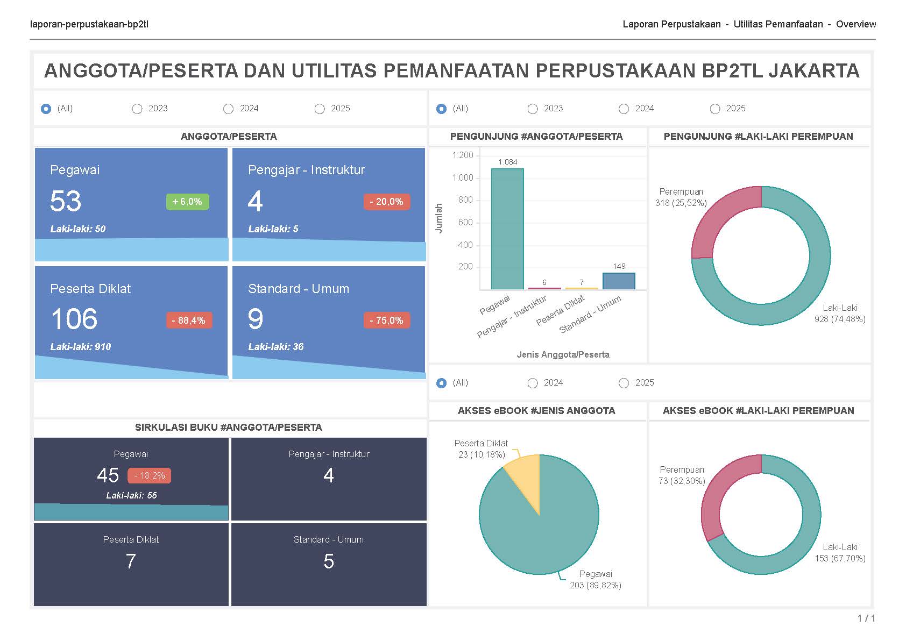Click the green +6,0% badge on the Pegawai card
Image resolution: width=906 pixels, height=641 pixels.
tap(187, 202)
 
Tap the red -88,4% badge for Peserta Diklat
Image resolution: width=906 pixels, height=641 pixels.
tap(189, 320)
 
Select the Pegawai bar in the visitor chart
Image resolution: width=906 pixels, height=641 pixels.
tap(507, 229)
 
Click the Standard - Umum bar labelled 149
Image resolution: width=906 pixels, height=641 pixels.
tap(619, 281)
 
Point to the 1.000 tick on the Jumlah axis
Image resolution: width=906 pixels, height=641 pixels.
tap(463, 177)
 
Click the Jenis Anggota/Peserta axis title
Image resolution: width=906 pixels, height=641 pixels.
tap(563, 354)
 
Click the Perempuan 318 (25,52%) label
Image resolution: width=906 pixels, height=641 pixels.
tap(681, 197)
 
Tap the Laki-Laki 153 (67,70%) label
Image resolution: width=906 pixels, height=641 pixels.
tap(840, 553)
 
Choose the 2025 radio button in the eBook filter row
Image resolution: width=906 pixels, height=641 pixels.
tap(624, 383)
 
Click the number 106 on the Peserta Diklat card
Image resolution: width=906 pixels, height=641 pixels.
tap(74, 319)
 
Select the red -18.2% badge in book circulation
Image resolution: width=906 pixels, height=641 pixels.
tap(150, 475)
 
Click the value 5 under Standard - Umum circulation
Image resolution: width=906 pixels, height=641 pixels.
tap(329, 561)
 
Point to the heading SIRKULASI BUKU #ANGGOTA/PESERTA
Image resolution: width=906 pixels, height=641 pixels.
tap(229, 428)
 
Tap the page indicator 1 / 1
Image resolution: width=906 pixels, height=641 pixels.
tap(866, 618)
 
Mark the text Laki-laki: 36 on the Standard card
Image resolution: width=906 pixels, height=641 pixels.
tap(275, 347)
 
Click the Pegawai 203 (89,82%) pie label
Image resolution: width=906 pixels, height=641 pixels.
tap(596, 580)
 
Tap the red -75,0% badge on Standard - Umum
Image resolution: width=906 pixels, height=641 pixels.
tap(387, 320)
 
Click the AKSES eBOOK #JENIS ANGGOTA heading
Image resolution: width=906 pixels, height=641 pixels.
tap(536, 411)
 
